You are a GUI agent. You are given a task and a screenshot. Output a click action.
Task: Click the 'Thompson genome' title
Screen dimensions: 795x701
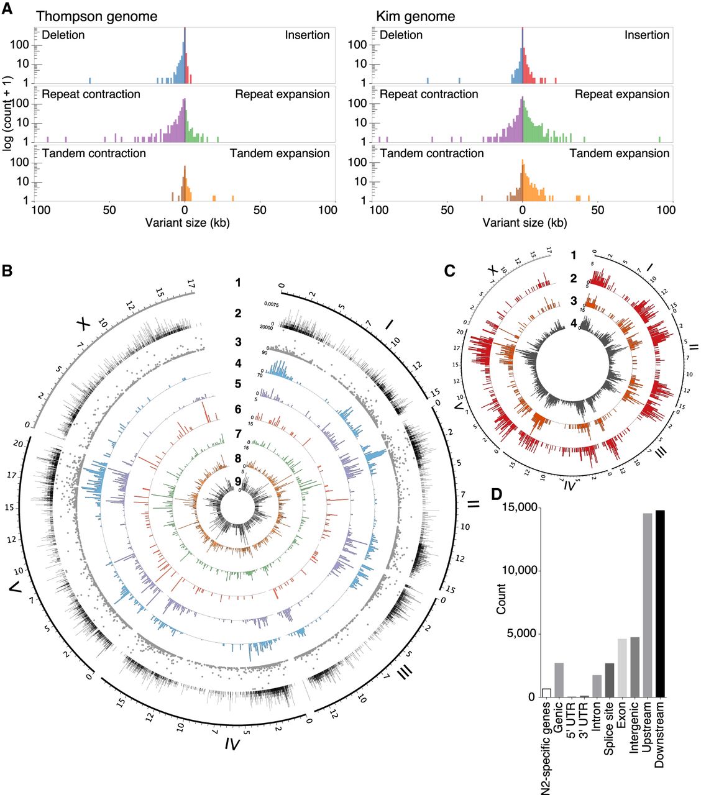pyautogui.click(x=96, y=16)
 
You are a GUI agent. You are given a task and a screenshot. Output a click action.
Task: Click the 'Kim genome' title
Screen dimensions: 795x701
pyautogui.click(x=415, y=16)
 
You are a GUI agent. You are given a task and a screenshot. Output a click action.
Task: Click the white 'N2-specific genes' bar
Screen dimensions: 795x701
pyautogui.click(x=546, y=693)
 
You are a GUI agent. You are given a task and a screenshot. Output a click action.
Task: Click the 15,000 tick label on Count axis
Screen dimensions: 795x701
pyautogui.click(x=517, y=507)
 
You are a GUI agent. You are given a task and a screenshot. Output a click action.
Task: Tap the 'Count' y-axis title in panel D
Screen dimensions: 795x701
pyautogui.click(x=502, y=599)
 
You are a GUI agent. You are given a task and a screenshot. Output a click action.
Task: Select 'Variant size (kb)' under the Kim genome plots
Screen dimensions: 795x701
pyautogui.click(x=525, y=222)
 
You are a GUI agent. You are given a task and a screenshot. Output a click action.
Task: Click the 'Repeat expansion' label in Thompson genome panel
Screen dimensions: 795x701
pyautogui.click(x=282, y=94)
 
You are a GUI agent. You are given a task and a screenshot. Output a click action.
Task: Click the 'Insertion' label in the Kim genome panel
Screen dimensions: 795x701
pyautogui.click(x=646, y=35)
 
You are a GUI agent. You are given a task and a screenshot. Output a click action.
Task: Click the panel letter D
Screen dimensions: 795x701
pyautogui.click(x=497, y=494)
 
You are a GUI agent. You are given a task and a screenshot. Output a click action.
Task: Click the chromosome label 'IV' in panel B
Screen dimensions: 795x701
pyautogui.click(x=231, y=743)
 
